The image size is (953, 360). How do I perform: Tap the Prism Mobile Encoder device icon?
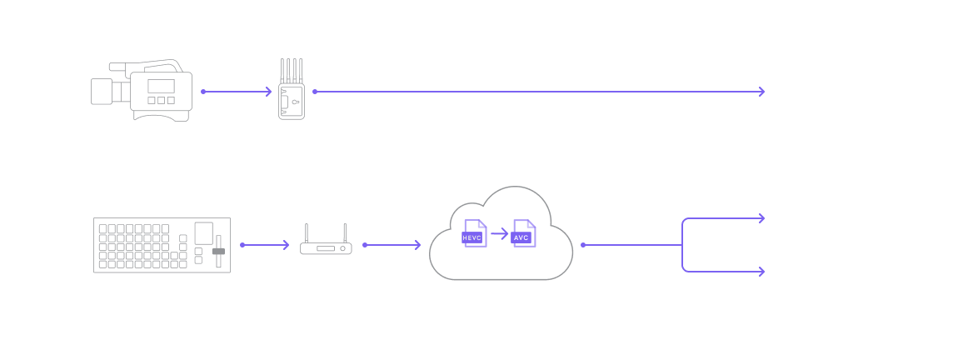point(292,92)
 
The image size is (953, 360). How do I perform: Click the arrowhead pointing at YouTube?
point(761,218)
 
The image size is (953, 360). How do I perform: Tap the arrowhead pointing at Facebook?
point(761,271)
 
